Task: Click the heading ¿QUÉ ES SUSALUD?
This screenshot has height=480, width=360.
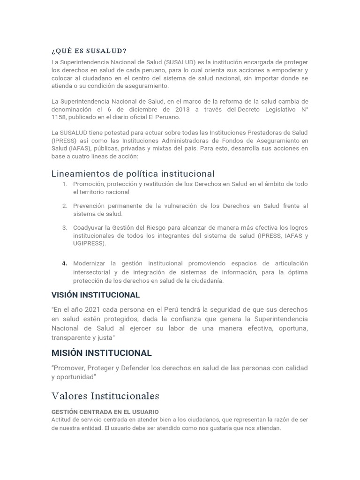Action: pyautogui.click(x=89, y=51)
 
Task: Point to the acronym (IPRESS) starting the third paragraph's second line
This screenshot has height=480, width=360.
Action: pyautogui.click(x=64, y=140)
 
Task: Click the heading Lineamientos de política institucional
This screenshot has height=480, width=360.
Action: pyautogui.click(x=133, y=174)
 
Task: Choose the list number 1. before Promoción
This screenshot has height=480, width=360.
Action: pyautogui.click(x=65, y=184)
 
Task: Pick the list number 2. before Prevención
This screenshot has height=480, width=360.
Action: pyautogui.click(x=65, y=206)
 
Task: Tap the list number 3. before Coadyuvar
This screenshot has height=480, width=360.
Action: pyautogui.click(x=65, y=227)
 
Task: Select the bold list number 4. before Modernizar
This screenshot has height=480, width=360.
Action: pyautogui.click(x=65, y=263)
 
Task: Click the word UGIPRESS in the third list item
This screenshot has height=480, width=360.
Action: pyautogui.click(x=89, y=243)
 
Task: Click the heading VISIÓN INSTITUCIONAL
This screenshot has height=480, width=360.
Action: pyautogui.click(x=96, y=295)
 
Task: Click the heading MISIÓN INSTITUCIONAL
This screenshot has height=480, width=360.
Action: pyautogui.click(x=101, y=353)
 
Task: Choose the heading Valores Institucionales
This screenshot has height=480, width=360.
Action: pyautogui.click(x=105, y=396)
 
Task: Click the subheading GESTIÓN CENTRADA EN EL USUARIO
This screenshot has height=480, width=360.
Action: pyautogui.click(x=98, y=412)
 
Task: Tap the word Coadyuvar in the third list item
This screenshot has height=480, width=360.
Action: pyautogui.click(x=90, y=227)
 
